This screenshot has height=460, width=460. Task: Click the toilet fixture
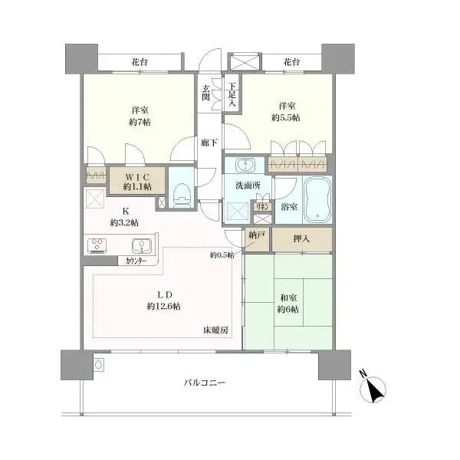(182, 195)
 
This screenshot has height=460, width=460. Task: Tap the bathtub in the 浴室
(317, 199)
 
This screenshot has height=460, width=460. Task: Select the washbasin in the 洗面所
(245, 165)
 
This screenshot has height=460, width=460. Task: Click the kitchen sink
(142, 245)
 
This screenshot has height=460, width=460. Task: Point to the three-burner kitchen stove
(97, 245)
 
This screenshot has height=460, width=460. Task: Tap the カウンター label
(136, 261)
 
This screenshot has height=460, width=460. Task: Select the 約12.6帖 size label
(164, 306)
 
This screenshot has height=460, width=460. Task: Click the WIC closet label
(137, 177)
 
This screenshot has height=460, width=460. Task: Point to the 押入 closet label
(301, 238)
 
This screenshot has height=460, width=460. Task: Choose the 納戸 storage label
(257, 235)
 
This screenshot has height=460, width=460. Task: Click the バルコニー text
(205, 383)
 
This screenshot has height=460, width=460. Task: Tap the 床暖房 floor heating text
(215, 330)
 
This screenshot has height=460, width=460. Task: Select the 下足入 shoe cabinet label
(232, 94)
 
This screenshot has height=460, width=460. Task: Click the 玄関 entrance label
(205, 93)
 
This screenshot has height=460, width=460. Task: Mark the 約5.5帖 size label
(286, 117)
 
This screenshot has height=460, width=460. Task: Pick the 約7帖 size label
(140, 122)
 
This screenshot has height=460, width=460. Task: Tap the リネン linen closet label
(262, 206)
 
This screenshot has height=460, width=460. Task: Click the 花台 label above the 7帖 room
(140, 62)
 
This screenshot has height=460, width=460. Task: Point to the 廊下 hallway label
(209, 143)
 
